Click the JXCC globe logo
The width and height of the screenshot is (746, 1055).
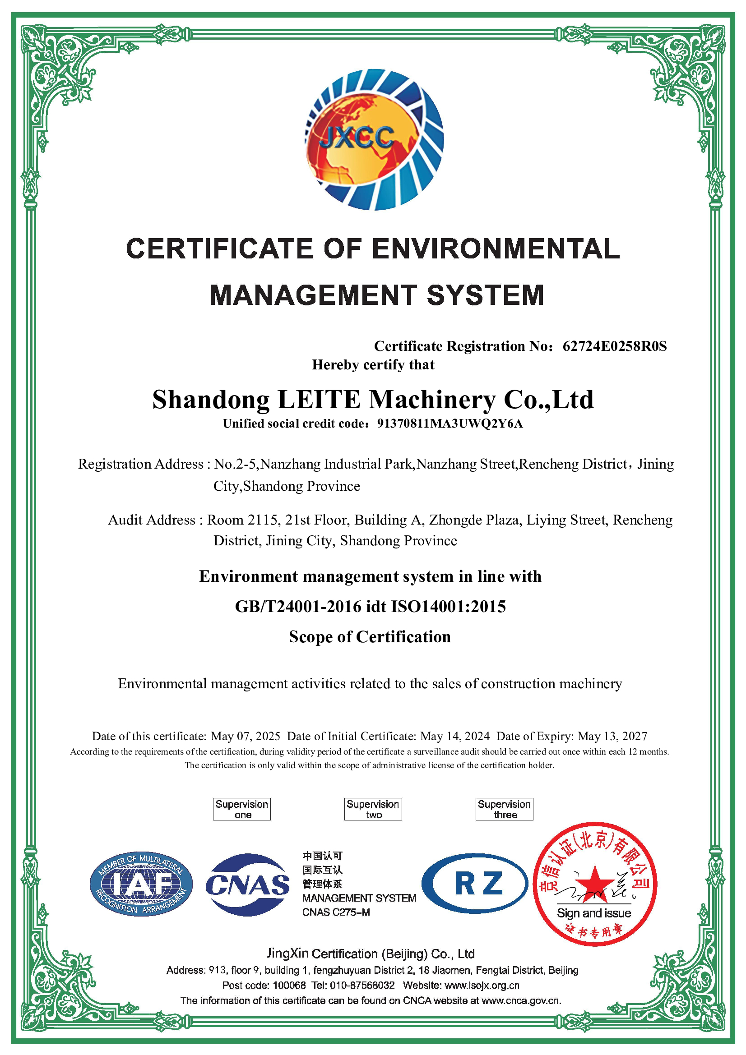pos(374,140)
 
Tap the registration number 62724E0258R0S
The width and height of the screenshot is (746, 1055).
pos(614,346)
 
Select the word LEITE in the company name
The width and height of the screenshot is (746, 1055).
pos(319,399)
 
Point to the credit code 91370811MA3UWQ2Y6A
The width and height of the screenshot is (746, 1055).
pos(449,424)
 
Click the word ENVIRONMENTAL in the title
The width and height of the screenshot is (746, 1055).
pos(496,249)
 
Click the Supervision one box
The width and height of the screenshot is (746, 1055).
pos(241,809)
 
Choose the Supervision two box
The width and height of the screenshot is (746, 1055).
pos(373,809)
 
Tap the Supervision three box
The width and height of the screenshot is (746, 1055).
pos(504,809)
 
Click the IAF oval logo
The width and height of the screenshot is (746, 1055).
pos(141,884)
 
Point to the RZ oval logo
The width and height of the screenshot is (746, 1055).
pos(475,883)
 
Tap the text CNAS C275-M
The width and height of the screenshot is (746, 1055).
pos(336,912)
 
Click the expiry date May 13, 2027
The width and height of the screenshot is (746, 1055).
pos(612,737)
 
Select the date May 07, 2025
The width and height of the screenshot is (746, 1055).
pos(246,737)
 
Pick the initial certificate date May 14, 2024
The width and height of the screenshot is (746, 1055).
pos(455,737)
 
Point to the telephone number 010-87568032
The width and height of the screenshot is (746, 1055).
pos(362,985)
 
